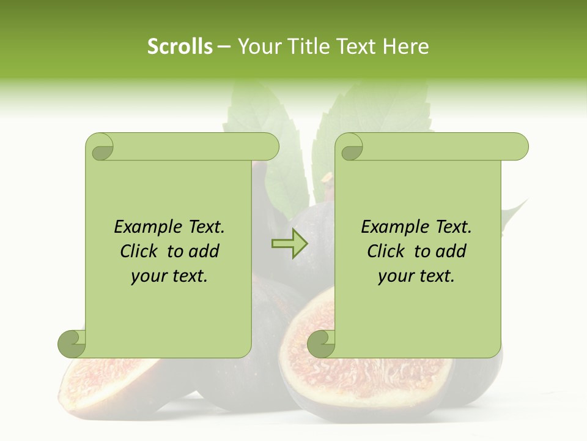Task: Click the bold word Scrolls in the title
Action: tap(180, 46)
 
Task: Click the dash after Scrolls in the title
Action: tap(224, 47)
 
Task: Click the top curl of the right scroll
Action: tap(351, 148)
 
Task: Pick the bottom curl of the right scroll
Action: tap(321, 344)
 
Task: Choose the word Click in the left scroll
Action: tap(141, 251)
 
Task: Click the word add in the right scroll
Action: tap(451, 251)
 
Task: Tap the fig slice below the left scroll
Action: tap(104, 383)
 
